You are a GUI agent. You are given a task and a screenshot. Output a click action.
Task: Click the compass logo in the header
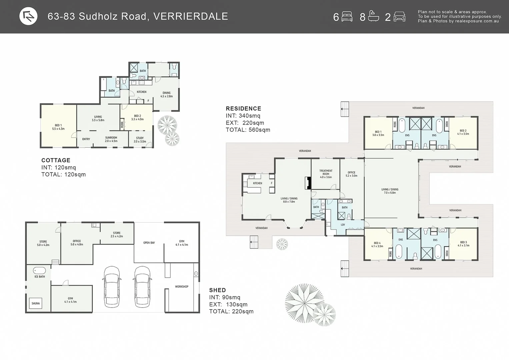28,16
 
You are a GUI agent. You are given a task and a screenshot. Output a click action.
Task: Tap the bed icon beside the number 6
347,17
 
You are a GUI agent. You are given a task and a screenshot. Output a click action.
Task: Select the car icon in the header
399,17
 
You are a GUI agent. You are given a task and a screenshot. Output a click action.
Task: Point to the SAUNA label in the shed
36,303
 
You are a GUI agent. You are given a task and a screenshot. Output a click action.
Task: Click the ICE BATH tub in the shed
39,270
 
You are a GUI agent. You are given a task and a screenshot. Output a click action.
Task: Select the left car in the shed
112,286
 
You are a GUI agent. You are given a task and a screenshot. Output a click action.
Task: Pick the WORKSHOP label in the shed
182,287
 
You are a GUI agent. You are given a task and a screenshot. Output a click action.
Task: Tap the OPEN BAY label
149,243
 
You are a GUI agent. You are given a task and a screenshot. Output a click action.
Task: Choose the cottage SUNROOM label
111,139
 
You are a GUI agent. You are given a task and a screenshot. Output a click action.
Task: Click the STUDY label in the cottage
140,139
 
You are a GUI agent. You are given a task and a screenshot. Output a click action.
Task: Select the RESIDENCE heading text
243,109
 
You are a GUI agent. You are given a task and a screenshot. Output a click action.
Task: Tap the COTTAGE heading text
56,160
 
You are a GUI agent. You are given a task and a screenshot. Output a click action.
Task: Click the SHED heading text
217,290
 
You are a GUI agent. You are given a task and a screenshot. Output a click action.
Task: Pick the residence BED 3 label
463,244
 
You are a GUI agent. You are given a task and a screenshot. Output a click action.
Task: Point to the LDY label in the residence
343,225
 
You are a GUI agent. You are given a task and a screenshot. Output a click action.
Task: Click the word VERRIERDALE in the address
191,16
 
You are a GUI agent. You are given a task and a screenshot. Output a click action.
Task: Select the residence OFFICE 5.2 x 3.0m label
351,174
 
